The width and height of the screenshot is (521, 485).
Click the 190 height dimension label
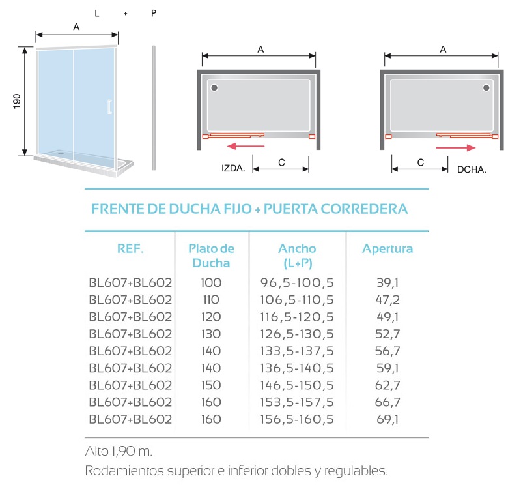pyautogui.click(x=17, y=101)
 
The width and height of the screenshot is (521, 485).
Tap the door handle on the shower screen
pyautogui.click(x=109, y=107)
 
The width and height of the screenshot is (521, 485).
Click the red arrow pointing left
pyautogui.click(x=246, y=146)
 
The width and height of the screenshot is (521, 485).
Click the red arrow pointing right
pyautogui.click(x=455, y=148)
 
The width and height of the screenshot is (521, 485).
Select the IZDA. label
pyautogui.click(x=233, y=168)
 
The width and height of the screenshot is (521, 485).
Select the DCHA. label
pyautogui.click(x=472, y=169)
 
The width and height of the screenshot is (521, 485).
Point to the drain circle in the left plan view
pyautogui.click(x=214, y=88)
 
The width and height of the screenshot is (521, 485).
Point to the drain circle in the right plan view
pyautogui.click(x=486, y=88)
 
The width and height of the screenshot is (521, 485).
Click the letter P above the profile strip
pyautogui.click(x=154, y=13)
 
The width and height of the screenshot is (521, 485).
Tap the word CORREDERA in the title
pyautogui.click(x=364, y=209)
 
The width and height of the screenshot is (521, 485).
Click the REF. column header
pyautogui.click(x=130, y=248)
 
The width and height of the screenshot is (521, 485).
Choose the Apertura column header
pyautogui.click(x=387, y=249)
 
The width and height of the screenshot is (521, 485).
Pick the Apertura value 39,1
pyautogui.click(x=387, y=283)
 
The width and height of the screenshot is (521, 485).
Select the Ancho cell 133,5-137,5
pyautogui.click(x=297, y=351)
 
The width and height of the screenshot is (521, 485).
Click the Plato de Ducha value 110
pyautogui.click(x=211, y=300)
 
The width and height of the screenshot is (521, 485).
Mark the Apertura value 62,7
pyautogui.click(x=387, y=385)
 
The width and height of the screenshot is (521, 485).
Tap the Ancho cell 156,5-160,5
pyautogui.click(x=297, y=419)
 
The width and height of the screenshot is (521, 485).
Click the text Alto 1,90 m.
pyautogui.click(x=119, y=451)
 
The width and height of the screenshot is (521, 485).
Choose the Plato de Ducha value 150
pyautogui.click(x=211, y=385)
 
